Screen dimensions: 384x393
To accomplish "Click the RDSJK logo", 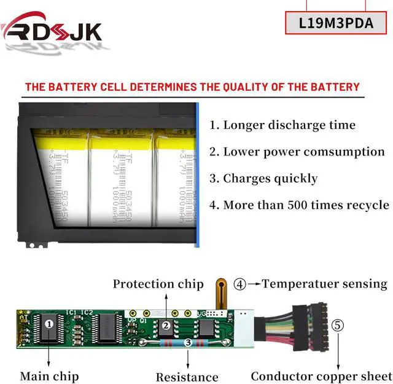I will (x=52, y=29).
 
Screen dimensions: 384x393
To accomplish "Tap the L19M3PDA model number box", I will (x=337, y=23).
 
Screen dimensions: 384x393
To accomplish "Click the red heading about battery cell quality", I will (x=192, y=87).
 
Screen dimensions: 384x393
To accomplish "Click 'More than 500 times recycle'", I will (x=299, y=205).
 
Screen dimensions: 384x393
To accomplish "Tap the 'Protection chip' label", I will (x=158, y=284).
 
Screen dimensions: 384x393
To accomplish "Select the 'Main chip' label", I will (x=49, y=375).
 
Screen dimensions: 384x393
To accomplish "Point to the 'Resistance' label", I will (x=187, y=377).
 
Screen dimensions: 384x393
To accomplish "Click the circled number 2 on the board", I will (x=165, y=326).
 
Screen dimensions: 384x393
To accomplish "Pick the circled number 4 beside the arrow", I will (x=240, y=284).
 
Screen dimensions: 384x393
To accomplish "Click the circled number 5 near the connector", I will (x=337, y=326).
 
